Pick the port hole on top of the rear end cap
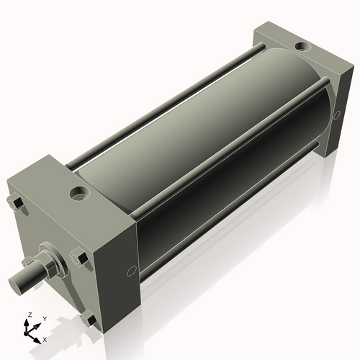coord(304,48)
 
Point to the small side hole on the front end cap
coord(131,271)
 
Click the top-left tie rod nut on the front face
coord(15,204)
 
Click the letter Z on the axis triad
coord(30,315)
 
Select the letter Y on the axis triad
coord(44,318)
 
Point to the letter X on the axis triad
coord(45,338)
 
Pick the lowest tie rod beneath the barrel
coord(230,216)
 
